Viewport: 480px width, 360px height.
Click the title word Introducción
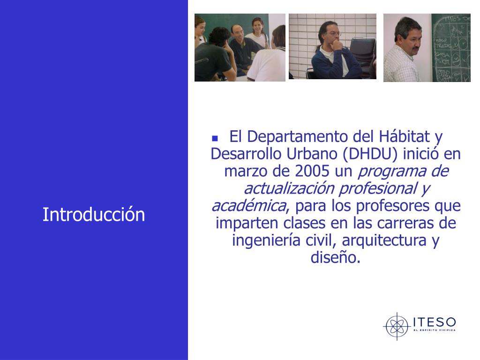(94, 215)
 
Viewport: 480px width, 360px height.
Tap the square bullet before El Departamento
(215, 139)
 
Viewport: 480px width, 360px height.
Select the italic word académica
(248, 206)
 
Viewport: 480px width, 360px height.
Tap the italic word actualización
(288, 188)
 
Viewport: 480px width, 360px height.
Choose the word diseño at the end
(336, 258)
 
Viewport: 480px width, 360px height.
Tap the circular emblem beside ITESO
(397, 326)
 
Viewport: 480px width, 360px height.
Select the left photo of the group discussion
(240, 47)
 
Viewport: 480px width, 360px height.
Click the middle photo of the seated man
(332, 46)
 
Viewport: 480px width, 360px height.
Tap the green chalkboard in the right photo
(451, 47)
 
